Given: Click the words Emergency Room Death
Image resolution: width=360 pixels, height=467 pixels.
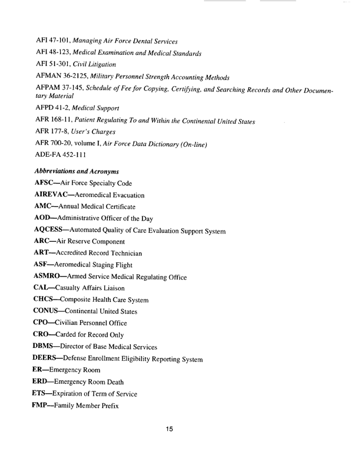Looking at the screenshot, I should tap(103, 382).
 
